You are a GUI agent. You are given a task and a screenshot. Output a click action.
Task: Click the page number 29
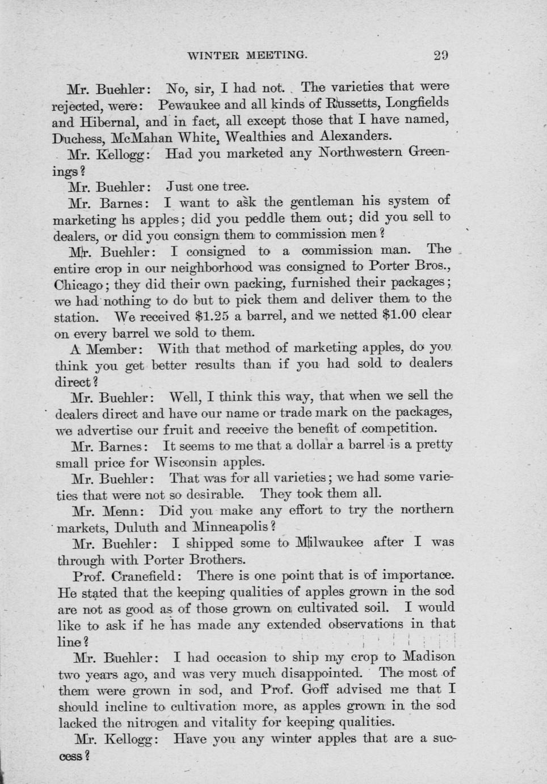(x=441, y=56)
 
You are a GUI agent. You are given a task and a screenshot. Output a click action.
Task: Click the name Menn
(x=123, y=510)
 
